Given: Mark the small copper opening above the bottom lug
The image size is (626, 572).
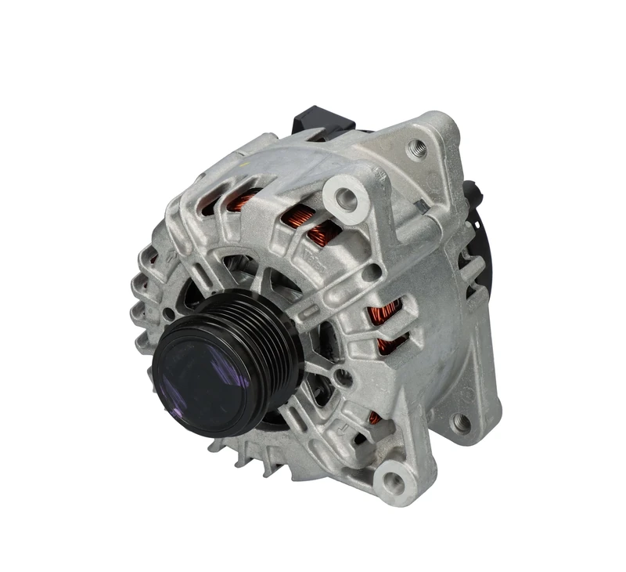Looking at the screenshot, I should point(374,419).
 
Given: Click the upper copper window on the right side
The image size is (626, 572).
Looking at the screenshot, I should point(386,313).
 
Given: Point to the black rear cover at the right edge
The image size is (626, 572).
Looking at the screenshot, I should point(478,251).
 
